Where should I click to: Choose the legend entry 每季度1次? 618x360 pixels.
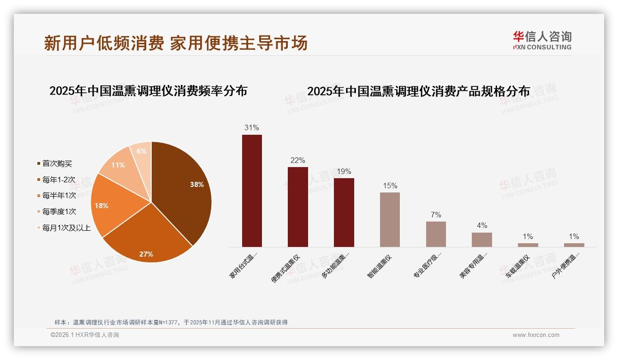59,211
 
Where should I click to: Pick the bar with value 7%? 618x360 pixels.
436,234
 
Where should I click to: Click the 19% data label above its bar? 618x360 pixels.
344,171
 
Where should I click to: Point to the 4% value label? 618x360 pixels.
481,226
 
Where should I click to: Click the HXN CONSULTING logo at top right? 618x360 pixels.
542,41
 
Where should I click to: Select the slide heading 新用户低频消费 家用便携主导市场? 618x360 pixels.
176,43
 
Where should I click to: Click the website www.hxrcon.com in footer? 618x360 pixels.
535,335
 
